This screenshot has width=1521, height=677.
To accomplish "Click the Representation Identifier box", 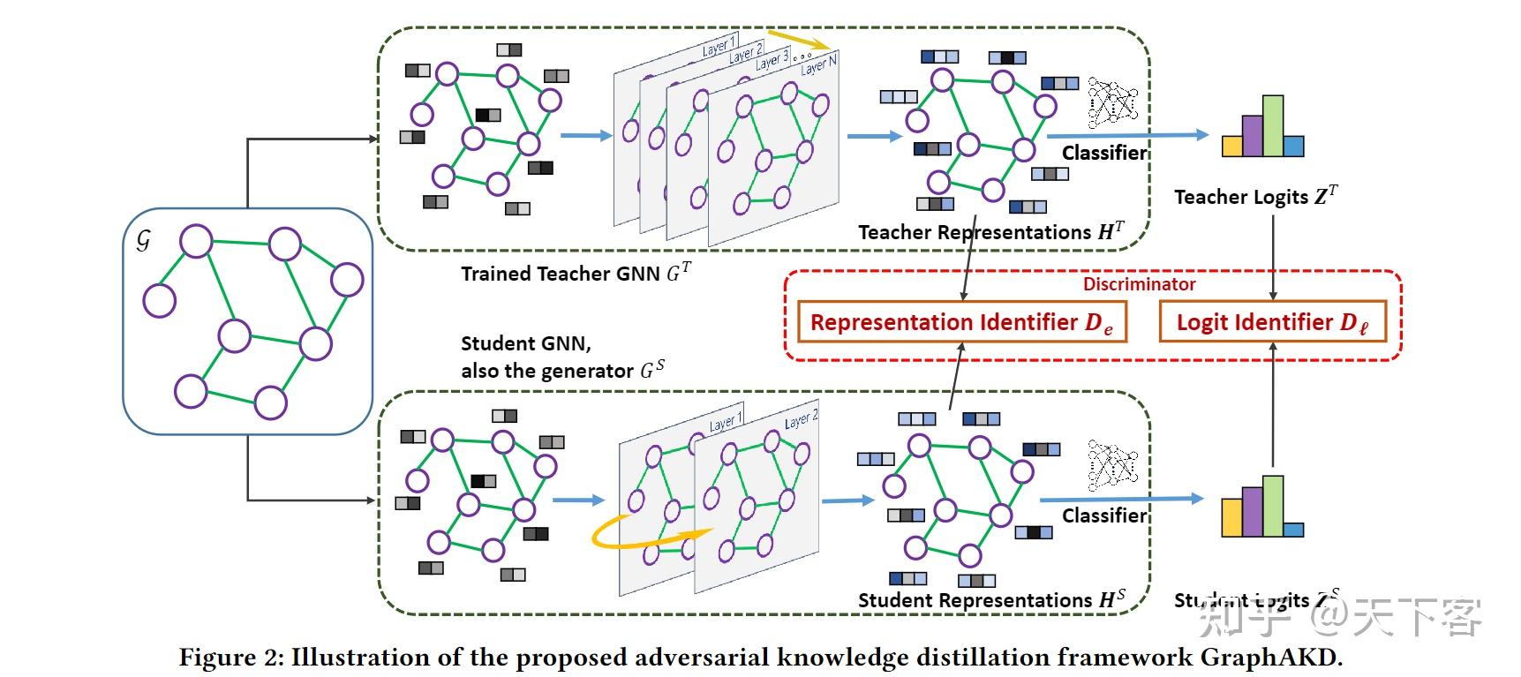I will (961, 322).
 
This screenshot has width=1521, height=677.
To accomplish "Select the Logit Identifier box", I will (1272, 322).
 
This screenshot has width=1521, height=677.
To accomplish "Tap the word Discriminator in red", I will (1139, 284).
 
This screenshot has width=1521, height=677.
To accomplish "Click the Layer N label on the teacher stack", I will (818, 64).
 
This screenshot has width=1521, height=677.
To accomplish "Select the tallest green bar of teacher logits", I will (1272, 126).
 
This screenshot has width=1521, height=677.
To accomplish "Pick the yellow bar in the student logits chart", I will (1231, 517).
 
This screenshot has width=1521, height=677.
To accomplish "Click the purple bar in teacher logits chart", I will (1252, 137).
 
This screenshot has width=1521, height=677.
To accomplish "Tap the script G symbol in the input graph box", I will (144, 239).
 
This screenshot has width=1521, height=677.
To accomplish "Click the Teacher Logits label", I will (1254, 197).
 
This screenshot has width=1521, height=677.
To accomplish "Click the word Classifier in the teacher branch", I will (1103, 153).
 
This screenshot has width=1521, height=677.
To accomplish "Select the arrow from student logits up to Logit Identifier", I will (1272, 406).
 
